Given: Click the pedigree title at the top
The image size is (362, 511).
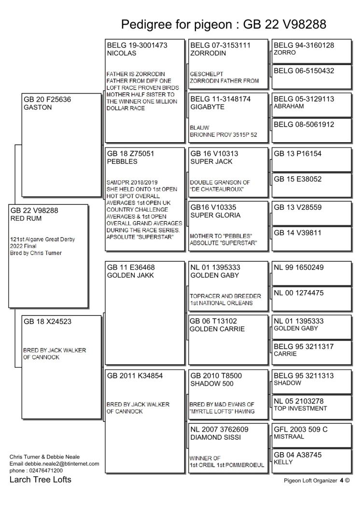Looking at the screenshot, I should coord(223,24).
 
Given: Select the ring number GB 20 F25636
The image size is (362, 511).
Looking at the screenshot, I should coord(47,100).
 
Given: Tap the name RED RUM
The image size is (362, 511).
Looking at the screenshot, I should coord(26,218).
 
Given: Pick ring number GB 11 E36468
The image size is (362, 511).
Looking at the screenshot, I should coord(131,268).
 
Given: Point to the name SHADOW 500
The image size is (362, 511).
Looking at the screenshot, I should coord(212,384).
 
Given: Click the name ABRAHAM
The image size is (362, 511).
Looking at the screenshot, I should coord(289,107).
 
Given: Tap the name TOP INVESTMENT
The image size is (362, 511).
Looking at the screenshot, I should coord(300,408).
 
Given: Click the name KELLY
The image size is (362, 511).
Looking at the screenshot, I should coord(283,462).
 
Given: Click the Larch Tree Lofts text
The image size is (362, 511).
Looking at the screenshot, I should coord(41,480).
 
